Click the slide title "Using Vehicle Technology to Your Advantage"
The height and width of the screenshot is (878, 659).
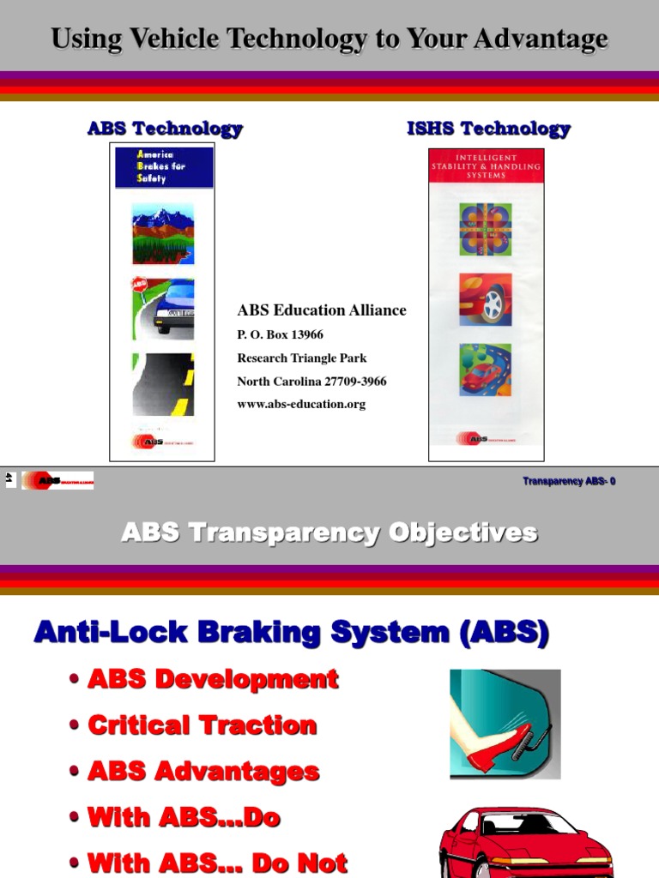click(x=329, y=39)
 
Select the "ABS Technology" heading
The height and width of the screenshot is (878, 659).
click(x=165, y=129)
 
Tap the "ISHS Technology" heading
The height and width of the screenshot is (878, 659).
click(x=488, y=129)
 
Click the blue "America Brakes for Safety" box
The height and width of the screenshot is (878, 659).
click(x=164, y=167)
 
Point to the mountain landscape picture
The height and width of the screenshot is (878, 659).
click(x=163, y=233)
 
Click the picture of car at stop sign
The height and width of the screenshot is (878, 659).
click(x=163, y=308)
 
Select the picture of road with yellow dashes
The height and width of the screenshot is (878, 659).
click(x=163, y=384)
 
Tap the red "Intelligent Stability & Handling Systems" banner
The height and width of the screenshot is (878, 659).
click(x=486, y=165)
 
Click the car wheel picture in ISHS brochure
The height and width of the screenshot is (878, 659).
click(x=486, y=298)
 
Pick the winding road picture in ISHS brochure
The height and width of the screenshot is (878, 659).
click(x=486, y=370)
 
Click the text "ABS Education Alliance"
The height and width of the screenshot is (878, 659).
click(x=322, y=310)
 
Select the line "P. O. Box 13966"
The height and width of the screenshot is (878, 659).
click(x=281, y=334)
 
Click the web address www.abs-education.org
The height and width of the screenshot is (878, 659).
click(x=301, y=404)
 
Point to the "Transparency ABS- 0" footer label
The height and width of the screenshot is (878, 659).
click(x=569, y=481)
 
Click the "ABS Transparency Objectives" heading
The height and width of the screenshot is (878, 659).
click(x=329, y=532)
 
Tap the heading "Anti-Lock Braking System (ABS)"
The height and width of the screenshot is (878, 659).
click(x=291, y=634)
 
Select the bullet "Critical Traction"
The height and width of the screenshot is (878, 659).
click(x=203, y=725)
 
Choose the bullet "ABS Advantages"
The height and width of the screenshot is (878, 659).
click(x=203, y=771)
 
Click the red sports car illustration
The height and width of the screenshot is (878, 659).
click(x=526, y=845)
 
